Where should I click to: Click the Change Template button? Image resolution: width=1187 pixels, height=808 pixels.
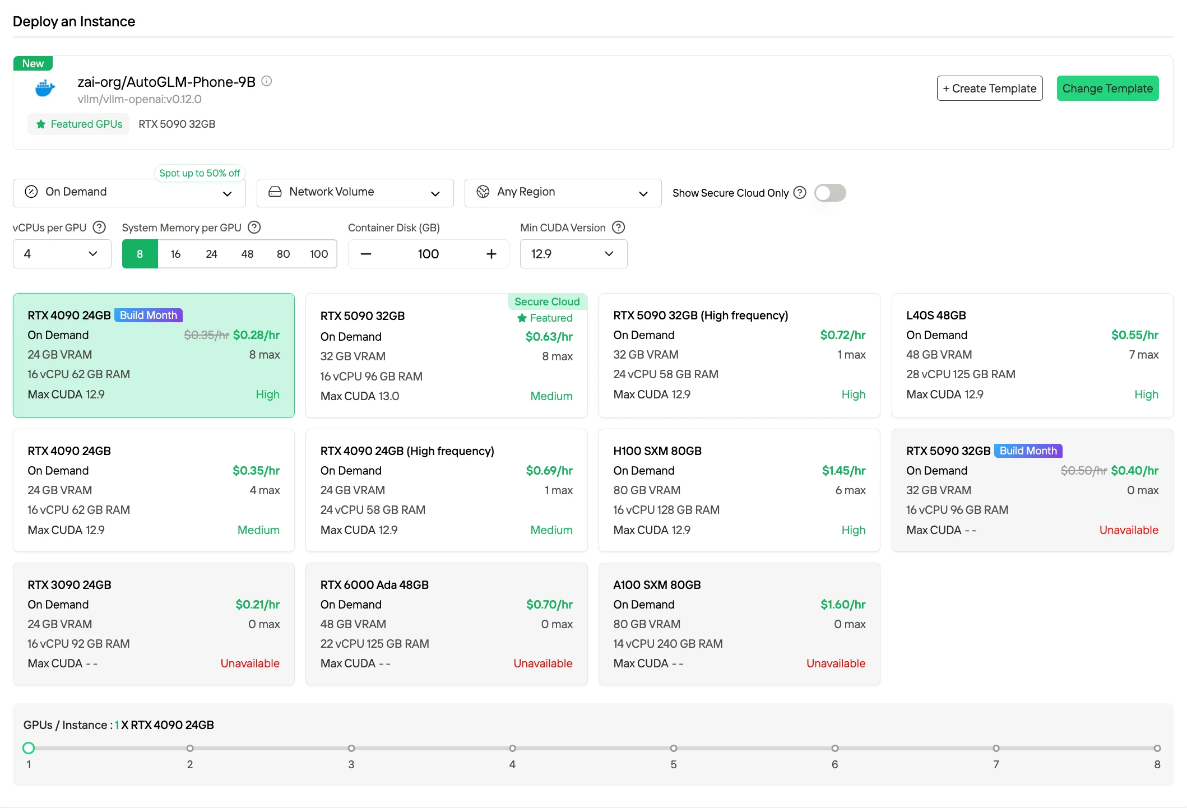pyautogui.click(x=1107, y=89)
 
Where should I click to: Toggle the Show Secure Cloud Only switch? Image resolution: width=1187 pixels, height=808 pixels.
pyautogui.click(x=830, y=193)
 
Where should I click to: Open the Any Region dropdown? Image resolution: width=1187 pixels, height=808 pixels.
pyautogui.click(x=563, y=193)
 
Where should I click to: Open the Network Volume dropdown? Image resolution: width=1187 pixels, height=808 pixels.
pyautogui.click(x=355, y=193)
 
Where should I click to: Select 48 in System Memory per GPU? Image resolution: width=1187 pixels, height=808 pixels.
pyautogui.click(x=247, y=254)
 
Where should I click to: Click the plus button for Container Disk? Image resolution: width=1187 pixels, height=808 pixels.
pyautogui.click(x=492, y=254)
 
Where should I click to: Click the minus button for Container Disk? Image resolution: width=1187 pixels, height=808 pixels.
pyautogui.click(x=366, y=254)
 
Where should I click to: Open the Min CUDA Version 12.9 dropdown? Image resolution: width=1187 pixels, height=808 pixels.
pyautogui.click(x=573, y=254)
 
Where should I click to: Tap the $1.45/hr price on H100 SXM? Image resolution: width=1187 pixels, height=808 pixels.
pyautogui.click(x=843, y=471)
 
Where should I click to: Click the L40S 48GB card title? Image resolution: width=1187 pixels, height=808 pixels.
pyautogui.click(x=936, y=315)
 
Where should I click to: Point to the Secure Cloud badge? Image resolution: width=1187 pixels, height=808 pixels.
pyautogui.click(x=547, y=301)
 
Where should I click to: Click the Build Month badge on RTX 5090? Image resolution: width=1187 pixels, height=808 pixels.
pyautogui.click(x=1028, y=451)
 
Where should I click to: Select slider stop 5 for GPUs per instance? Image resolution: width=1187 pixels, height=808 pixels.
pyautogui.click(x=674, y=749)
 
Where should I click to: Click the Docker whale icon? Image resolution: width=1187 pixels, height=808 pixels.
pyautogui.click(x=45, y=89)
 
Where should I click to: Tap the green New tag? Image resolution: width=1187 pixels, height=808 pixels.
pyautogui.click(x=33, y=63)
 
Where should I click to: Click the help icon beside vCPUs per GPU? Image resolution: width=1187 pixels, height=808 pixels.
pyautogui.click(x=99, y=227)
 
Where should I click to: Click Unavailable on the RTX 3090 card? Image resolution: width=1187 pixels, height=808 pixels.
pyautogui.click(x=250, y=663)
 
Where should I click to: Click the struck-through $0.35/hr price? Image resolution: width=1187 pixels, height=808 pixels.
pyautogui.click(x=206, y=335)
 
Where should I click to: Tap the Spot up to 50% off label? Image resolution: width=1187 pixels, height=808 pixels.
pyautogui.click(x=200, y=173)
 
